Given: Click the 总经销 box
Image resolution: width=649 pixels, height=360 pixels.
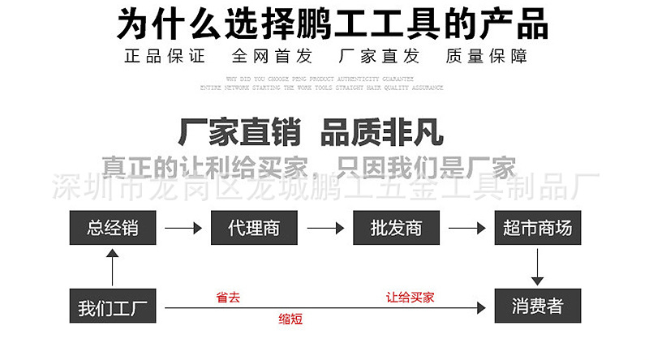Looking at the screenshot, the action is click(112, 228).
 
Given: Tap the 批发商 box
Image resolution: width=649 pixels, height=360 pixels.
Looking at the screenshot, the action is click(396, 228).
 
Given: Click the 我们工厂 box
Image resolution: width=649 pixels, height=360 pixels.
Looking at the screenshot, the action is click(112, 307).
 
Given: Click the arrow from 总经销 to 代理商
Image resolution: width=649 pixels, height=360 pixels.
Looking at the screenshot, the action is click(183, 229).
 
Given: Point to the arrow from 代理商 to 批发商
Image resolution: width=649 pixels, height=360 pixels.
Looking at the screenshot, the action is click(325, 229).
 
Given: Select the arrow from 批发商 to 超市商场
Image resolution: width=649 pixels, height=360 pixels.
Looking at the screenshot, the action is click(466, 229).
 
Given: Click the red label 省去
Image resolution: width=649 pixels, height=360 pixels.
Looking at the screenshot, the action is click(228, 298).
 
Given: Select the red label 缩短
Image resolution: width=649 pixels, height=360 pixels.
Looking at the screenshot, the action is click(290, 319).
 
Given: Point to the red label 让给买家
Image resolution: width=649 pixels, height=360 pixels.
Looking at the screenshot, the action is click(410, 298).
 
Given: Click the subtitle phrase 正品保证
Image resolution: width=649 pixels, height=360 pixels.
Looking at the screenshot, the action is click(165, 57).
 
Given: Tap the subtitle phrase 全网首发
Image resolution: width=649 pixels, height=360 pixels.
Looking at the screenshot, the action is click(272, 57).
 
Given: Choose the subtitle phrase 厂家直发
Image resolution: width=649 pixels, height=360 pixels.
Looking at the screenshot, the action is click(379, 57).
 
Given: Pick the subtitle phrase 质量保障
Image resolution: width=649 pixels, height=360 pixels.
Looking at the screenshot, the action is click(487, 57).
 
